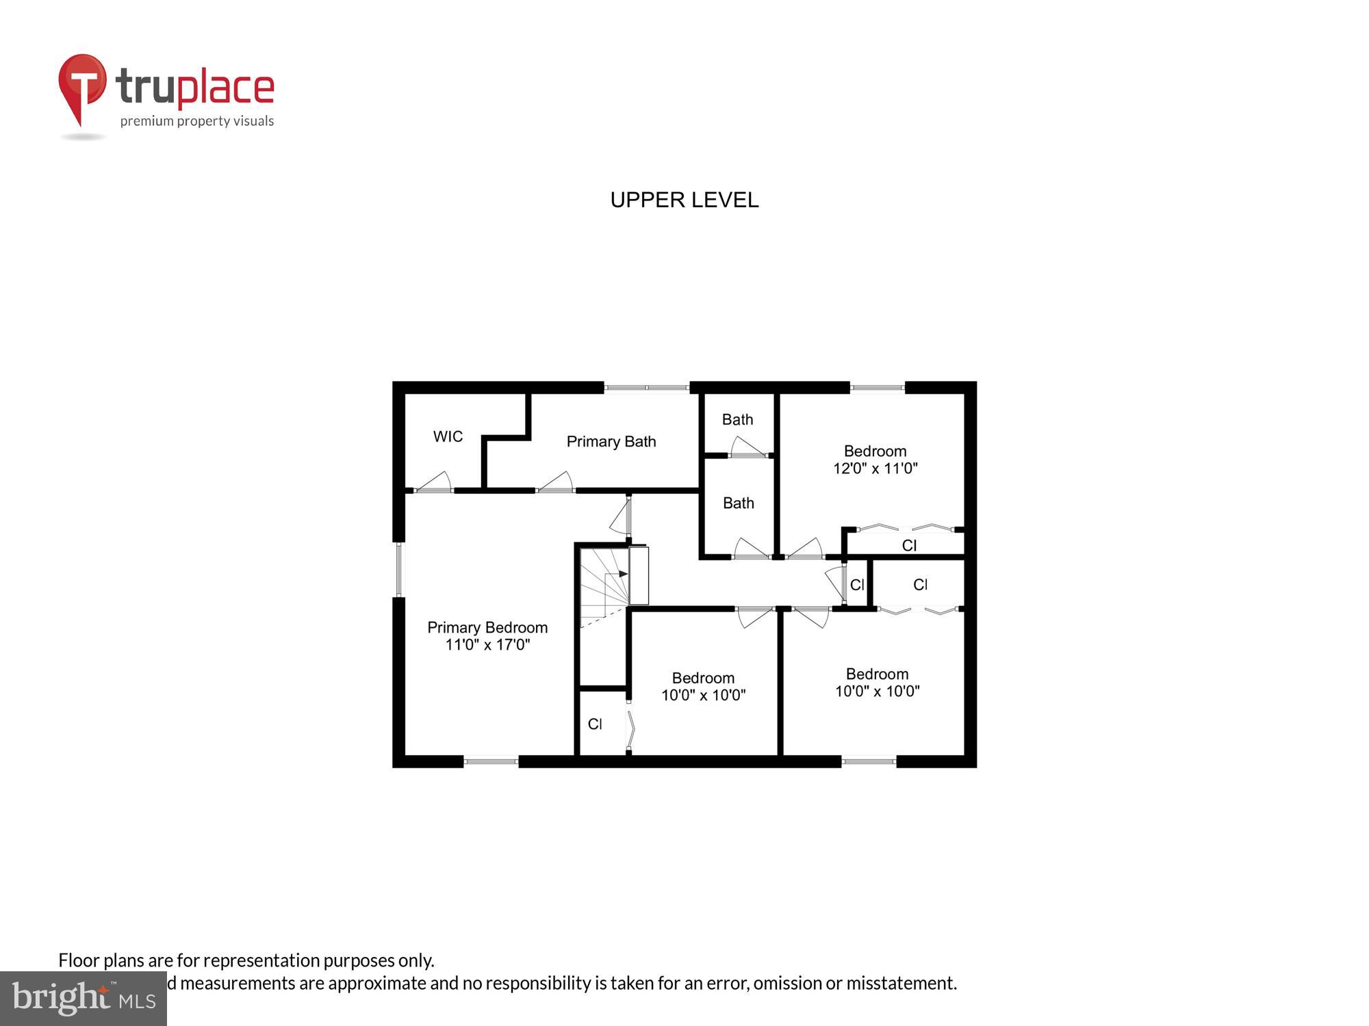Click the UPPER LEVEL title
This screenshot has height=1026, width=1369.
pyautogui.click(x=684, y=200)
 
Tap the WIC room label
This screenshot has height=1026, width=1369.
pyautogui.click(x=448, y=436)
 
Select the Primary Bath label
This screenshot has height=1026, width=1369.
pyautogui.click(x=611, y=442)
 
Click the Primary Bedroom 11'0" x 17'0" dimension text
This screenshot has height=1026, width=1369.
pyautogui.click(x=487, y=644)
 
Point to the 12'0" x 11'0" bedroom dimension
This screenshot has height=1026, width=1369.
pyautogui.click(x=875, y=469)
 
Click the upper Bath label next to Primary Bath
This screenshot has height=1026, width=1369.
pyautogui.click(x=737, y=419)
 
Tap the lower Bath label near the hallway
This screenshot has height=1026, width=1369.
pyautogui.click(x=738, y=503)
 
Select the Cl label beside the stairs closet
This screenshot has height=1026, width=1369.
pyautogui.click(x=595, y=724)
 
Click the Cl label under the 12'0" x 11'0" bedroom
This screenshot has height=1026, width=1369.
pyautogui.click(x=909, y=545)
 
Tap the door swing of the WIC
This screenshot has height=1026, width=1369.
pyautogui.click(x=435, y=482)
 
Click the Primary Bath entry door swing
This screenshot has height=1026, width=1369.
pyautogui.click(x=556, y=482)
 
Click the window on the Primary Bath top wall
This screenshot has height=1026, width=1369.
pyautogui.click(x=647, y=388)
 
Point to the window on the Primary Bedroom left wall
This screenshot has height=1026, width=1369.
pyautogui.click(x=399, y=569)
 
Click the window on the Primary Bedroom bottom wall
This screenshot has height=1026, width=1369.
pyautogui.click(x=491, y=761)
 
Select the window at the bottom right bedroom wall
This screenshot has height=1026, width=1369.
pyautogui.click(x=869, y=761)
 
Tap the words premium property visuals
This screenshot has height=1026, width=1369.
pyautogui.click(x=197, y=121)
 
